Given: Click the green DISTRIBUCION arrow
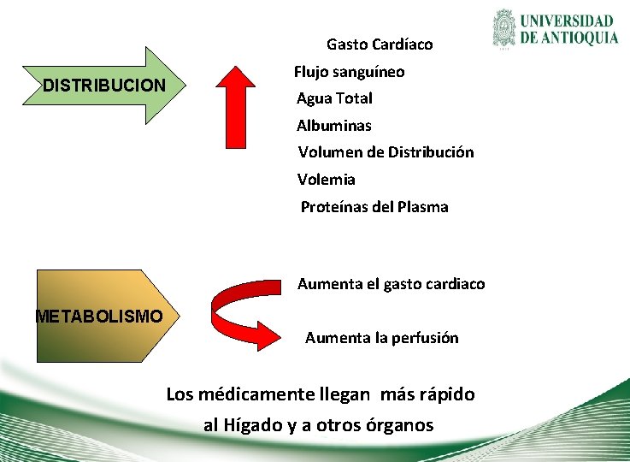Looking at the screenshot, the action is [x=103, y=86].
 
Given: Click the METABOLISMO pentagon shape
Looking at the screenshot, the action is [x=98, y=317].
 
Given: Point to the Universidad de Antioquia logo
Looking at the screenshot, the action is [x=555, y=29].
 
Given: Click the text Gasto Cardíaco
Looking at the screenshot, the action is [x=380, y=44].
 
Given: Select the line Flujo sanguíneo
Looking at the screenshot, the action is [x=349, y=72].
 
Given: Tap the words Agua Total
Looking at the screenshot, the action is [x=334, y=98].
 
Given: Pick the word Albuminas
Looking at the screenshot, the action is [x=333, y=126].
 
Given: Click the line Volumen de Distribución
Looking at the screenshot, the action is [x=386, y=152].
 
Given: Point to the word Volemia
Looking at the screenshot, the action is [x=326, y=180].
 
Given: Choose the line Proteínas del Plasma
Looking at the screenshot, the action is [x=374, y=207].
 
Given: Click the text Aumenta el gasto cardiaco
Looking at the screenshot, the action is [x=391, y=284].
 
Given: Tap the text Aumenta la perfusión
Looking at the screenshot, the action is [x=381, y=338].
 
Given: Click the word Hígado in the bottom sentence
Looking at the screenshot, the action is [x=252, y=425].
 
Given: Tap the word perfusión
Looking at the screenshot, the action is [x=425, y=338].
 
